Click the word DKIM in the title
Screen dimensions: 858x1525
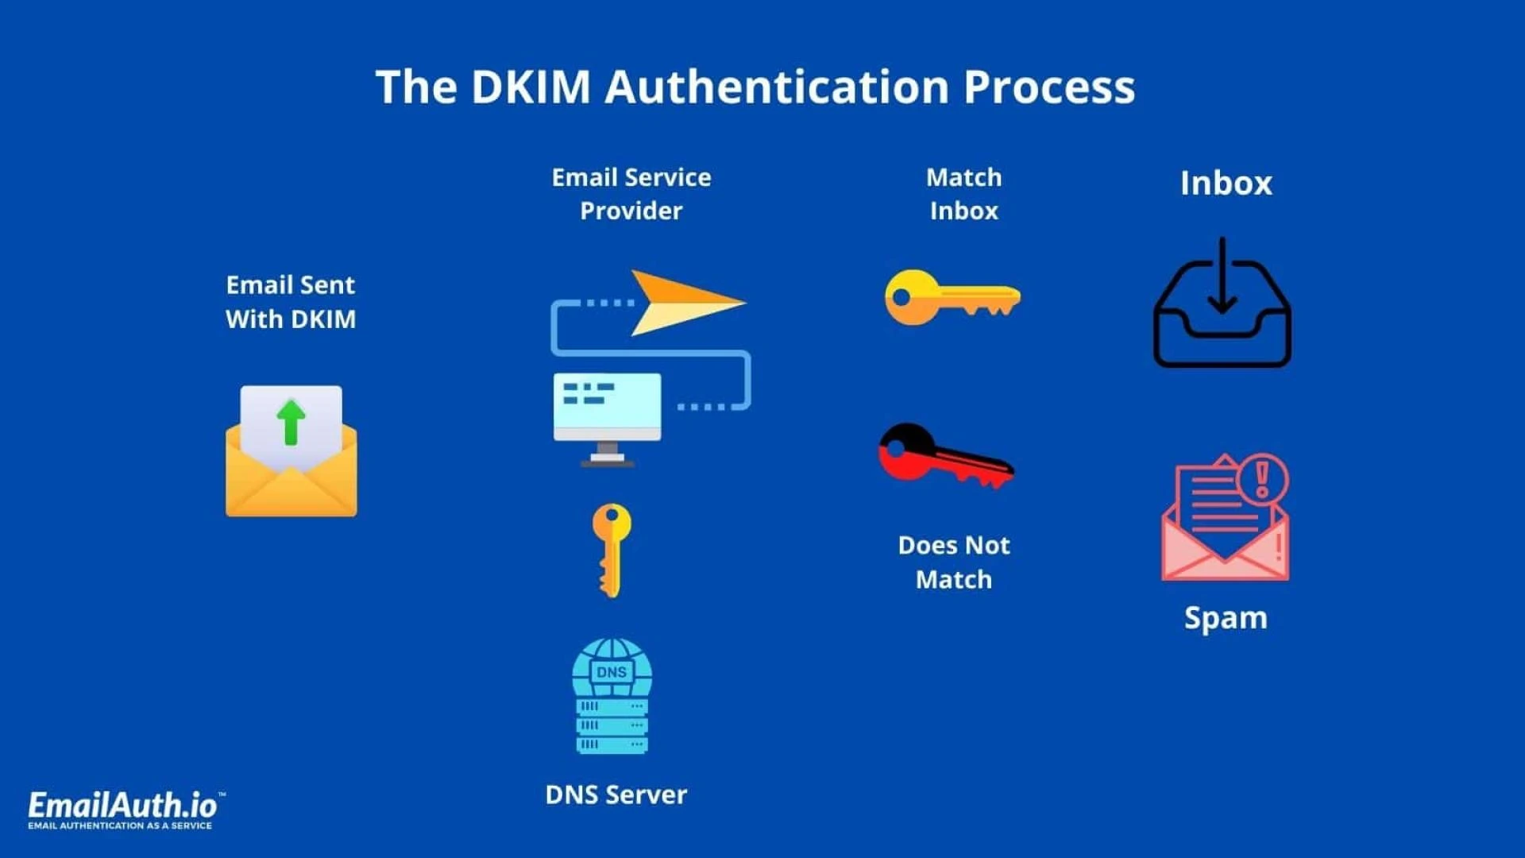[x=531, y=87]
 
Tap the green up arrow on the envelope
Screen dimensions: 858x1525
[x=291, y=421]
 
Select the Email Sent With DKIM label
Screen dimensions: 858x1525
[x=291, y=302]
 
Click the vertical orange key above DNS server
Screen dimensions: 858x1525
[x=611, y=549]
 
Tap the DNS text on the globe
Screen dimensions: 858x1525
[x=611, y=672]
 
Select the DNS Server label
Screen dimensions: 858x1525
[x=616, y=794]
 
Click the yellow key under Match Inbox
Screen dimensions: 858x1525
[x=952, y=297]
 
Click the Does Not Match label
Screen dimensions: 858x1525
[x=954, y=562]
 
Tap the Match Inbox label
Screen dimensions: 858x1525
[x=963, y=194]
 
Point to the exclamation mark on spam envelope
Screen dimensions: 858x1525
[x=1262, y=477]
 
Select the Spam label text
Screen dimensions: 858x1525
[x=1226, y=618]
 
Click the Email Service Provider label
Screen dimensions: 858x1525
[x=631, y=194]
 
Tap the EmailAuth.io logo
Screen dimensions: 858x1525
[x=123, y=808]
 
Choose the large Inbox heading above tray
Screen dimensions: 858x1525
[x=1226, y=184]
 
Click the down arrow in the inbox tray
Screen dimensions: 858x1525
[x=1222, y=278]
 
